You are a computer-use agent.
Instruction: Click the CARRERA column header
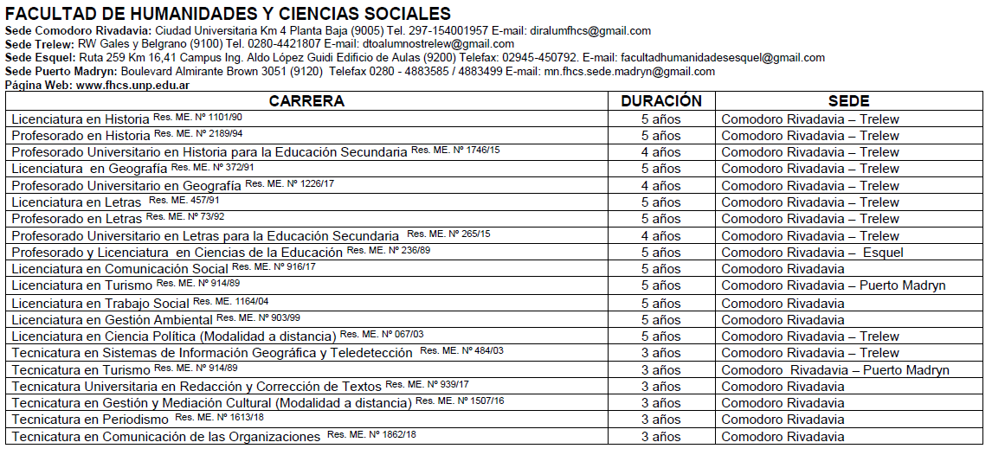(x=306, y=101)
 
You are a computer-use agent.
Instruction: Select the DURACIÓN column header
(x=661, y=101)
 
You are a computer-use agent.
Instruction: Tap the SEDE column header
(x=848, y=101)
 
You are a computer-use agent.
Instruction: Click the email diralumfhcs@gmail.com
(x=589, y=31)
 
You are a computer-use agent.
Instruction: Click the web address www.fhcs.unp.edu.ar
(x=133, y=85)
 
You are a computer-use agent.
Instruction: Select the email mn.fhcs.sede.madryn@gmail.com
(x=629, y=72)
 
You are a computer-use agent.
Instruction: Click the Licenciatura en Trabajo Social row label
(x=100, y=304)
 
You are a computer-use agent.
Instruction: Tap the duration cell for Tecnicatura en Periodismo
(x=661, y=420)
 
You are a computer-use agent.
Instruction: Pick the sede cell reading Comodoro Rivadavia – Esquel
(x=812, y=253)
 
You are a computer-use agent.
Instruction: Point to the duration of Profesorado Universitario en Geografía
(x=661, y=186)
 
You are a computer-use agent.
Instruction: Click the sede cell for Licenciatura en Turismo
(x=833, y=285)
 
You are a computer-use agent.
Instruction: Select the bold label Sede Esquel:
(x=40, y=58)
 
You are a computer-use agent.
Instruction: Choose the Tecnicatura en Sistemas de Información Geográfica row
(x=212, y=353)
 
